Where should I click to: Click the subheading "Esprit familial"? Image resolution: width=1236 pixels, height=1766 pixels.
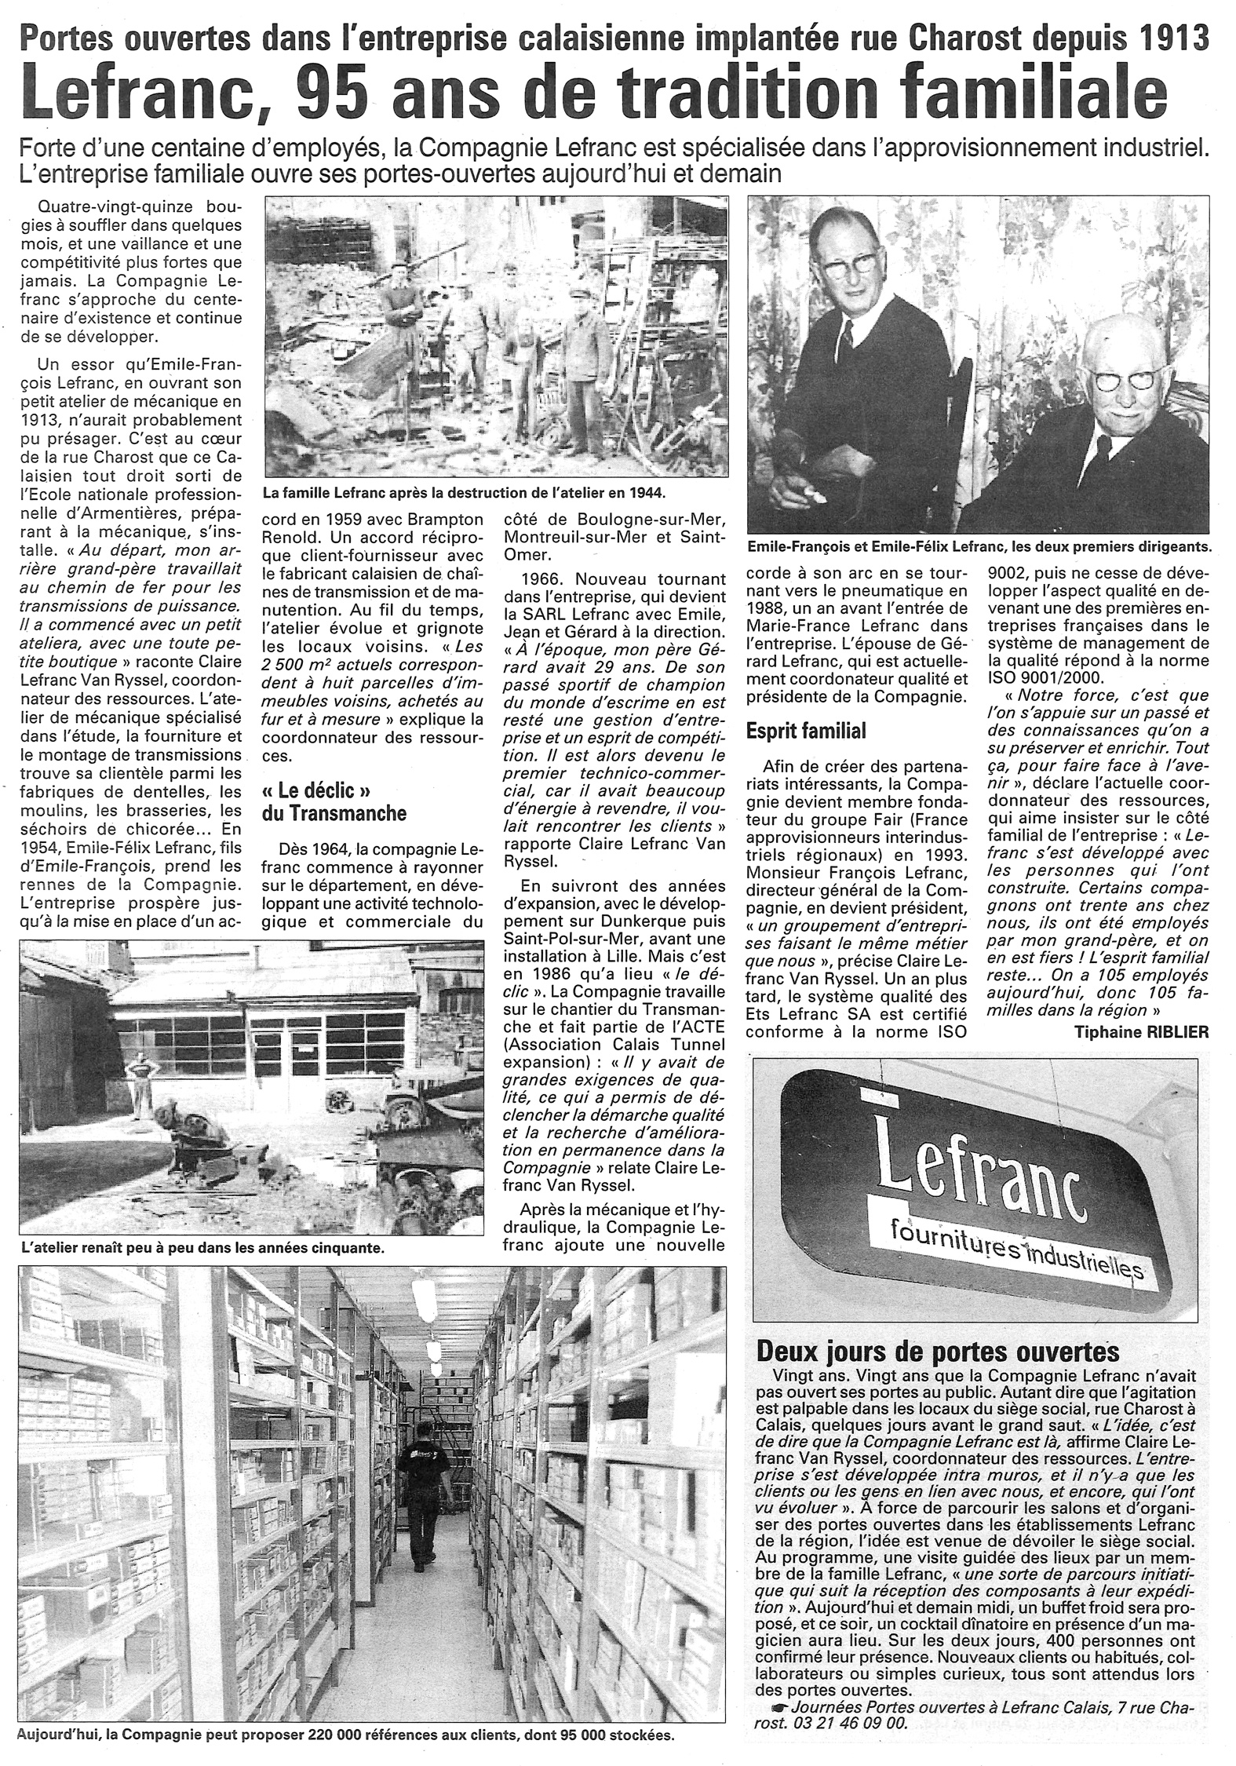tap(806, 731)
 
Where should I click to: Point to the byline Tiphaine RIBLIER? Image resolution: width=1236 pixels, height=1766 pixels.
tap(1142, 1033)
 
